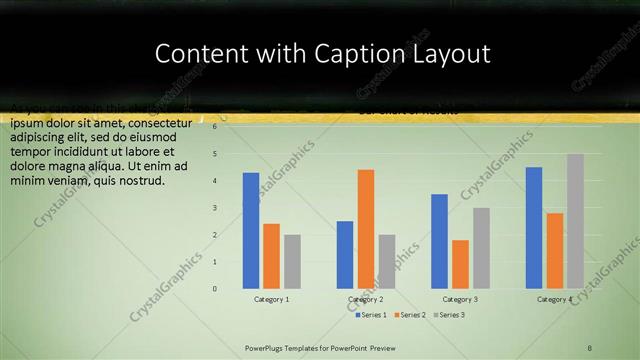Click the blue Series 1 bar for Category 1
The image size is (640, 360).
pyautogui.click(x=251, y=231)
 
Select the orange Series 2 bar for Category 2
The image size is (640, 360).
pyautogui.click(x=366, y=229)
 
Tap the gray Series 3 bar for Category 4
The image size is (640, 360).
pyautogui.click(x=575, y=221)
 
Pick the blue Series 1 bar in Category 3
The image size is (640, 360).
pyautogui.click(x=439, y=241)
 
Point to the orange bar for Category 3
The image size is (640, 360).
pyautogui.click(x=460, y=264)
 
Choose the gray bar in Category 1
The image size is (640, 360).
pyautogui.click(x=292, y=261)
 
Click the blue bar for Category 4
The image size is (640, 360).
pyautogui.click(x=534, y=228)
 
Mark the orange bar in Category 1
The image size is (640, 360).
pyautogui.click(x=272, y=256)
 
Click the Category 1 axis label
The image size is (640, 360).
pyautogui.click(x=271, y=299)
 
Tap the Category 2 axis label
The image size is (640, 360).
pyautogui.click(x=365, y=299)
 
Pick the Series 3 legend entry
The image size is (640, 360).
pyautogui.click(x=449, y=315)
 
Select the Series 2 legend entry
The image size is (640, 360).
pyautogui.click(x=411, y=315)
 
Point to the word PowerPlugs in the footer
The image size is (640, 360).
pyautogui.click(x=269, y=347)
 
